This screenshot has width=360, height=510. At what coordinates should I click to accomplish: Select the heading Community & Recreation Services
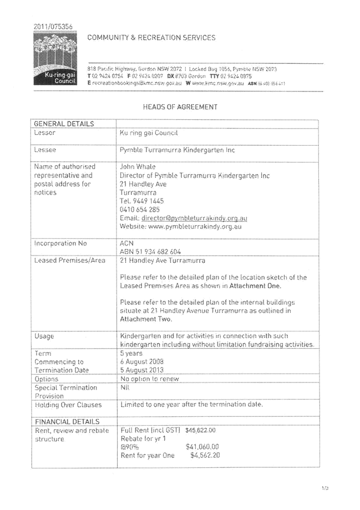coord(151,38)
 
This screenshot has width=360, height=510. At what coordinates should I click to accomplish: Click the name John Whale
coord(138,167)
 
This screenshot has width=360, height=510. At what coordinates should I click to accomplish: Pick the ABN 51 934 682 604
coord(150,252)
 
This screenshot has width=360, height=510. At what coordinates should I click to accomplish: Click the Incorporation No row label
coord(60,243)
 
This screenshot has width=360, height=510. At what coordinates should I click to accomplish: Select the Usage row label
coord(44,336)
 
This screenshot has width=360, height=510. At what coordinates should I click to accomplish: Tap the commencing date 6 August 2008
coord(143,361)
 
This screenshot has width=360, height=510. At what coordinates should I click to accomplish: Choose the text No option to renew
coord(150,379)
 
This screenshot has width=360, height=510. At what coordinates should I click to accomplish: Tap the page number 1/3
coord(324,488)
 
